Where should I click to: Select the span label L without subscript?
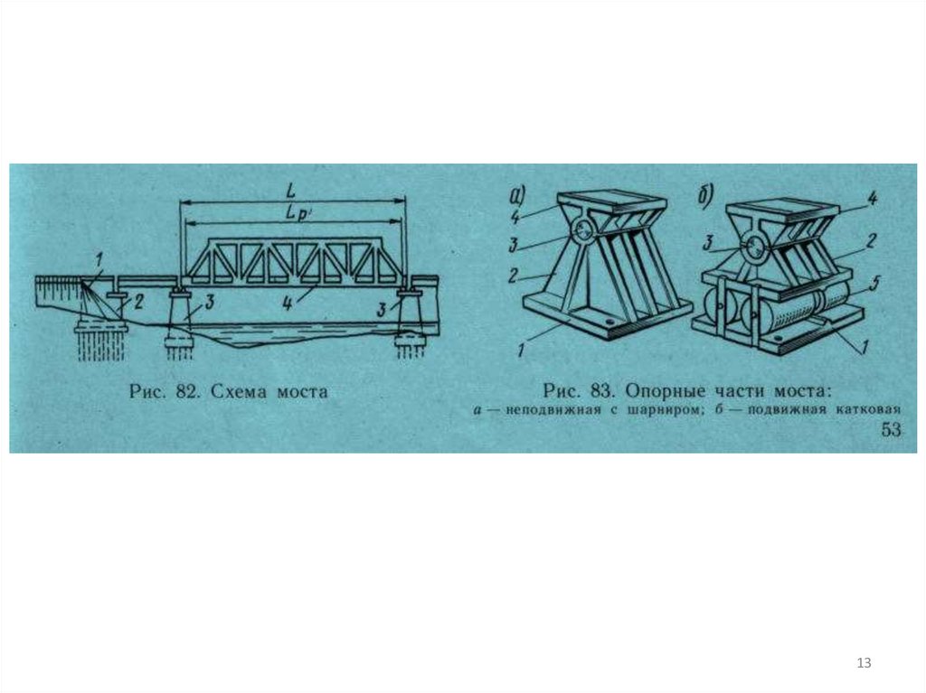[290, 192]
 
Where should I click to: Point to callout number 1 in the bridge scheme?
[99, 258]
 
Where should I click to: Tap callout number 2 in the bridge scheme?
[137, 303]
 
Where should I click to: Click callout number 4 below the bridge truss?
[287, 304]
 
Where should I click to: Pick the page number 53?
[891, 429]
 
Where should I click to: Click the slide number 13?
[864, 663]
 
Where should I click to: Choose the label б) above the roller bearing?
[705, 195]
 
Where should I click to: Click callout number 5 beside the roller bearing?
[874, 284]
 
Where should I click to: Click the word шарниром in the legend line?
[661, 409]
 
